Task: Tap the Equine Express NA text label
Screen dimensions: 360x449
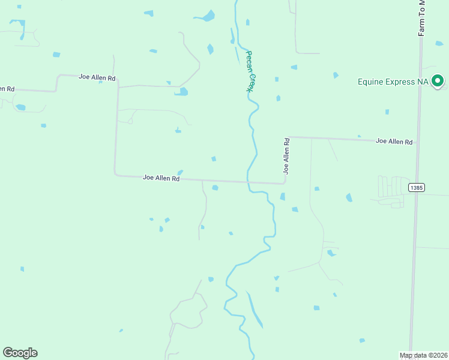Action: (394, 82)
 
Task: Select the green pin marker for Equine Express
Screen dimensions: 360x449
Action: (438, 80)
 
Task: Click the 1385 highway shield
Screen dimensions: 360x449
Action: (416, 188)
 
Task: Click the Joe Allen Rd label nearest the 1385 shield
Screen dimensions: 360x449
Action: (394, 142)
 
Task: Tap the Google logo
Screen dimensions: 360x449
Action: (20, 353)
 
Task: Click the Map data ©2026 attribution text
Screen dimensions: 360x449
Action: (423, 355)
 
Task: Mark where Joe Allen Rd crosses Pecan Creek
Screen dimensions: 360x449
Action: (247, 182)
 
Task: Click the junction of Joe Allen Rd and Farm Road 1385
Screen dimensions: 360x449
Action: (417, 143)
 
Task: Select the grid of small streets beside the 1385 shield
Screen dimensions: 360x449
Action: (391, 187)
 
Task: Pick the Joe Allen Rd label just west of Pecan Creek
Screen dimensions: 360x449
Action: (161, 178)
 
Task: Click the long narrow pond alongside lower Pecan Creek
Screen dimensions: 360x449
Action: (255, 308)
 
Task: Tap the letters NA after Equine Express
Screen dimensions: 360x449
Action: (424, 82)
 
